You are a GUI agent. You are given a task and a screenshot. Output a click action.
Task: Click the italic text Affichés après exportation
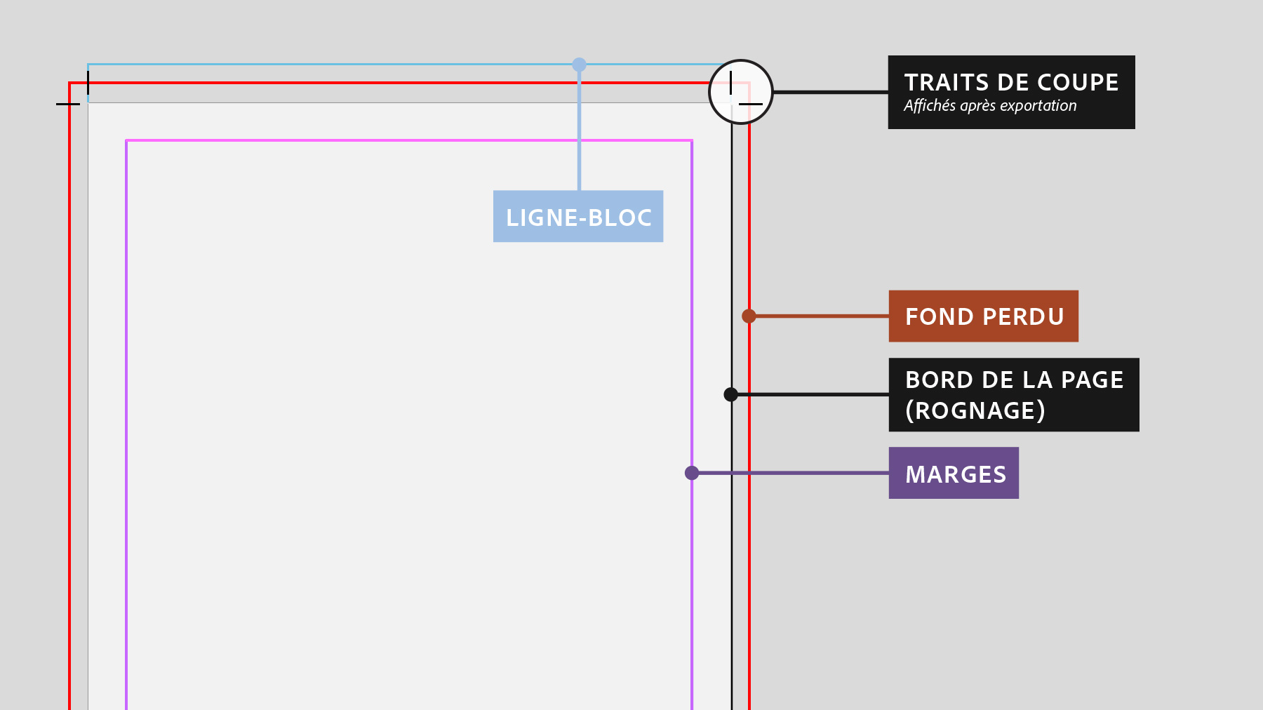tap(990, 106)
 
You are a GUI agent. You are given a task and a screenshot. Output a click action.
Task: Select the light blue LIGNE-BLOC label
tap(578, 217)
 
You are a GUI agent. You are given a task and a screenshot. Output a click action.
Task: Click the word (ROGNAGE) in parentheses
tap(975, 410)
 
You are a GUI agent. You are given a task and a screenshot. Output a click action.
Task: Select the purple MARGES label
tap(954, 474)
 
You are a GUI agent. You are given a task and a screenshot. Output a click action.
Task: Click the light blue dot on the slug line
tap(579, 65)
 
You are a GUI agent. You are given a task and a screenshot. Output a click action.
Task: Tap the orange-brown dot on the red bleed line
tap(749, 316)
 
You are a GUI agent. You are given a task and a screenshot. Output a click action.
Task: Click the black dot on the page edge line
tap(730, 394)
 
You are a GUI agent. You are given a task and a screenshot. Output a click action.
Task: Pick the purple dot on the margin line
tap(692, 473)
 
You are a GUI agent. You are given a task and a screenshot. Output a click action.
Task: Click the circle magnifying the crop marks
tap(741, 92)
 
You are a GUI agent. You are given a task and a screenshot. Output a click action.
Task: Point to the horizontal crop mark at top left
tap(67, 104)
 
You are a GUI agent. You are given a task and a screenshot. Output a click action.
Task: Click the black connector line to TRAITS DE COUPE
tap(831, 92)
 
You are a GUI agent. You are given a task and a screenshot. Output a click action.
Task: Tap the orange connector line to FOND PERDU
tap(821, 316)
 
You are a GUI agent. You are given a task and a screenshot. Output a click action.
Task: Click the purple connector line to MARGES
tap(793, 473)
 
